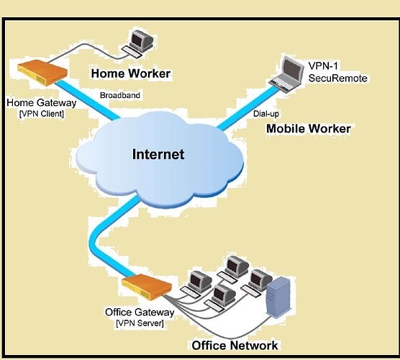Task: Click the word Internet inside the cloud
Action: (x=158, y=154)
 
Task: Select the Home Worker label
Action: (x=131, y=73)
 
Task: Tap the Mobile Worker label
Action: (x=308, y=129)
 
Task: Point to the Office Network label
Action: (x=235, y=345)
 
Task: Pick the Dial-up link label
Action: (x=265, y=113)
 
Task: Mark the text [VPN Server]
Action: (x=139, y=323)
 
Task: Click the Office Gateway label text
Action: (x=139, y=312)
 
